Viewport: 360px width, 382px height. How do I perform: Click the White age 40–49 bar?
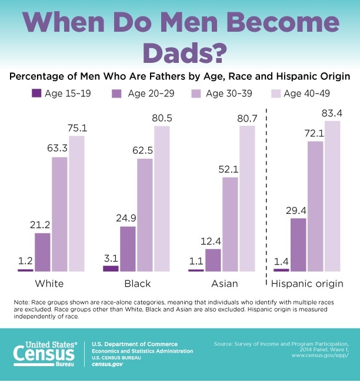(76, 203)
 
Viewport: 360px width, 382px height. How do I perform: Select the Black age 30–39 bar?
(145, 215)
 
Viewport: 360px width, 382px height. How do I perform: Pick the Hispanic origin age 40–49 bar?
(332, 196)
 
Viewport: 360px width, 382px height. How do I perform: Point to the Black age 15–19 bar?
(111, 268)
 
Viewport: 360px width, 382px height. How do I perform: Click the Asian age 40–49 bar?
(248, 199)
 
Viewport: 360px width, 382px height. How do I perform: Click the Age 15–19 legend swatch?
(36, 93)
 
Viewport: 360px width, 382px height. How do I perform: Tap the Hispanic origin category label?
(306, 284)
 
